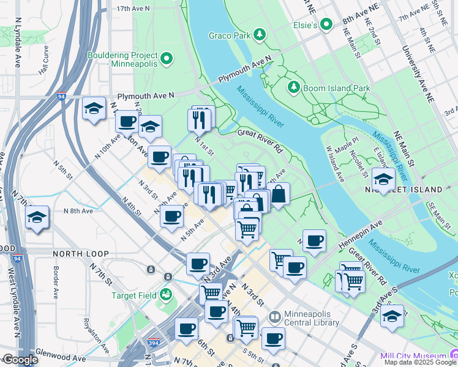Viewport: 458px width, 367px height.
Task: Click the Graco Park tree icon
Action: point(260,35)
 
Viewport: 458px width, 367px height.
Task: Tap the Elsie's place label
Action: point(306,25)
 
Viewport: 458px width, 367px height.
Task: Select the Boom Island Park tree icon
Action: point(293,88)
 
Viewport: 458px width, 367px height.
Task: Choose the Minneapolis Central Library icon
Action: point(275,317)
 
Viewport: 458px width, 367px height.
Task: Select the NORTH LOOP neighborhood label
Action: point(80,253)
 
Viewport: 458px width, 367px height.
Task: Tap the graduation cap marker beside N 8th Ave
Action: point(37,217)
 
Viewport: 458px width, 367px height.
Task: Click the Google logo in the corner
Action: point(20,360)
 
